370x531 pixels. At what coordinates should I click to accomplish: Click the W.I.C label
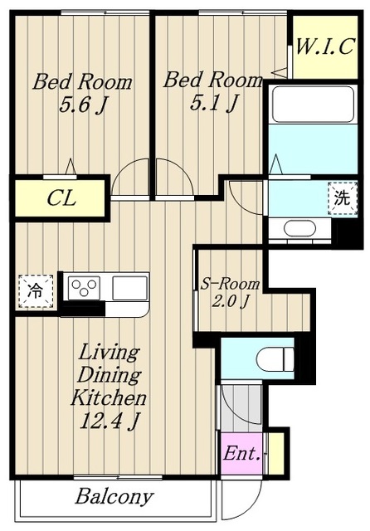tap(325, 46)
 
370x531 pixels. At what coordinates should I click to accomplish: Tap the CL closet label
tap(61, 198)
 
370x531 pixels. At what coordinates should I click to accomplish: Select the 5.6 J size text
tap(82, 105)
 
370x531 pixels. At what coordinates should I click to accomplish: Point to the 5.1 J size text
tap(213, 103)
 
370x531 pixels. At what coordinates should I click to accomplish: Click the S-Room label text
tap(230, 284)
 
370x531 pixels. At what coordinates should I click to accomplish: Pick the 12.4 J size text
tap(110, 421)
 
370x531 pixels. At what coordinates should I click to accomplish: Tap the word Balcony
tap(114, 497)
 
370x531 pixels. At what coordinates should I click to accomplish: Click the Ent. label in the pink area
tap(241, 454)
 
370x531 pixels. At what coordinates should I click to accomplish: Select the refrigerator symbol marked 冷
tap(36, 291)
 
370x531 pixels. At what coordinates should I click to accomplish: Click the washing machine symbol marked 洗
tap(343, 198)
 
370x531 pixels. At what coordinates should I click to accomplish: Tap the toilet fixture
tap(275, 359)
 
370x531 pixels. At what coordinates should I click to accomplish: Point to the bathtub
tap(313, 104)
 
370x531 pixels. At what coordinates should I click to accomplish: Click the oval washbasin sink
tap(300, 228)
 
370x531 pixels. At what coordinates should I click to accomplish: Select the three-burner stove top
tap(84, 288)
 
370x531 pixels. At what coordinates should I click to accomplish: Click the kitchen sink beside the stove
tap(130, 288)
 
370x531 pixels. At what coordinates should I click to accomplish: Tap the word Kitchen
tap(109, 398)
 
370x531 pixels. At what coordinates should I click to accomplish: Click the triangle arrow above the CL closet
tap(71, 167)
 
